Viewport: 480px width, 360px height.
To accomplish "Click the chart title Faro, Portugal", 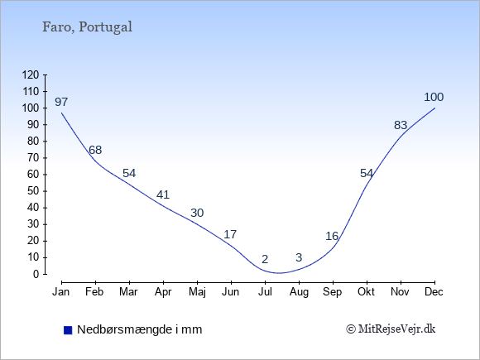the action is tap(87, 27).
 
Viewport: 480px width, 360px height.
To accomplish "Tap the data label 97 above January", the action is tap(61, 102).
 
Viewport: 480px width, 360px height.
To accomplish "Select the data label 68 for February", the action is tap(95, 150).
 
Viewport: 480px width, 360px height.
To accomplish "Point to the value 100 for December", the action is tap(434, 97).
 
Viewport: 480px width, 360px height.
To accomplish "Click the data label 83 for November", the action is tap(401, 125).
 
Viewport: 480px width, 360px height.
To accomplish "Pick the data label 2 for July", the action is tap(265, 259).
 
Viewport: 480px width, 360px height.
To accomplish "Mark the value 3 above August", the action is tap(299, 257).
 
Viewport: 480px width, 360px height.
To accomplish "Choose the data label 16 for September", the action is tap(332, 236).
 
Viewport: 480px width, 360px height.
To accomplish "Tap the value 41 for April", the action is tap(163, 194).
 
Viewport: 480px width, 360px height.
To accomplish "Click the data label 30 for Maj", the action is tap(197, 213).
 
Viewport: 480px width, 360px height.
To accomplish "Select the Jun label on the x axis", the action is tap(231, 292).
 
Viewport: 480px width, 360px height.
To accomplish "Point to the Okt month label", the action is tap(366, 292).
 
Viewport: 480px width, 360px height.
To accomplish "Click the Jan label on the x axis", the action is tap(61, 292).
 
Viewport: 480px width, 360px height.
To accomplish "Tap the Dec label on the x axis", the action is tap(434, 292).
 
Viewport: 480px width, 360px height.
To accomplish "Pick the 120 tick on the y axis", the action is tap(31, 74).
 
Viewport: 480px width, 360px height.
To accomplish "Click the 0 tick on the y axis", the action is tap(36, 274).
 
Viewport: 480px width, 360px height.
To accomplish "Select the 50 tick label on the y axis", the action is tap(33, 191).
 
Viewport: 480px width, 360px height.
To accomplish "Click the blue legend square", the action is tap(68, 330).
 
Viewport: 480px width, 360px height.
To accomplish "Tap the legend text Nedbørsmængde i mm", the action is tap(140, 329).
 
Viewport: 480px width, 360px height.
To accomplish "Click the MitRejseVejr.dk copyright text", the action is tap(391, 329).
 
